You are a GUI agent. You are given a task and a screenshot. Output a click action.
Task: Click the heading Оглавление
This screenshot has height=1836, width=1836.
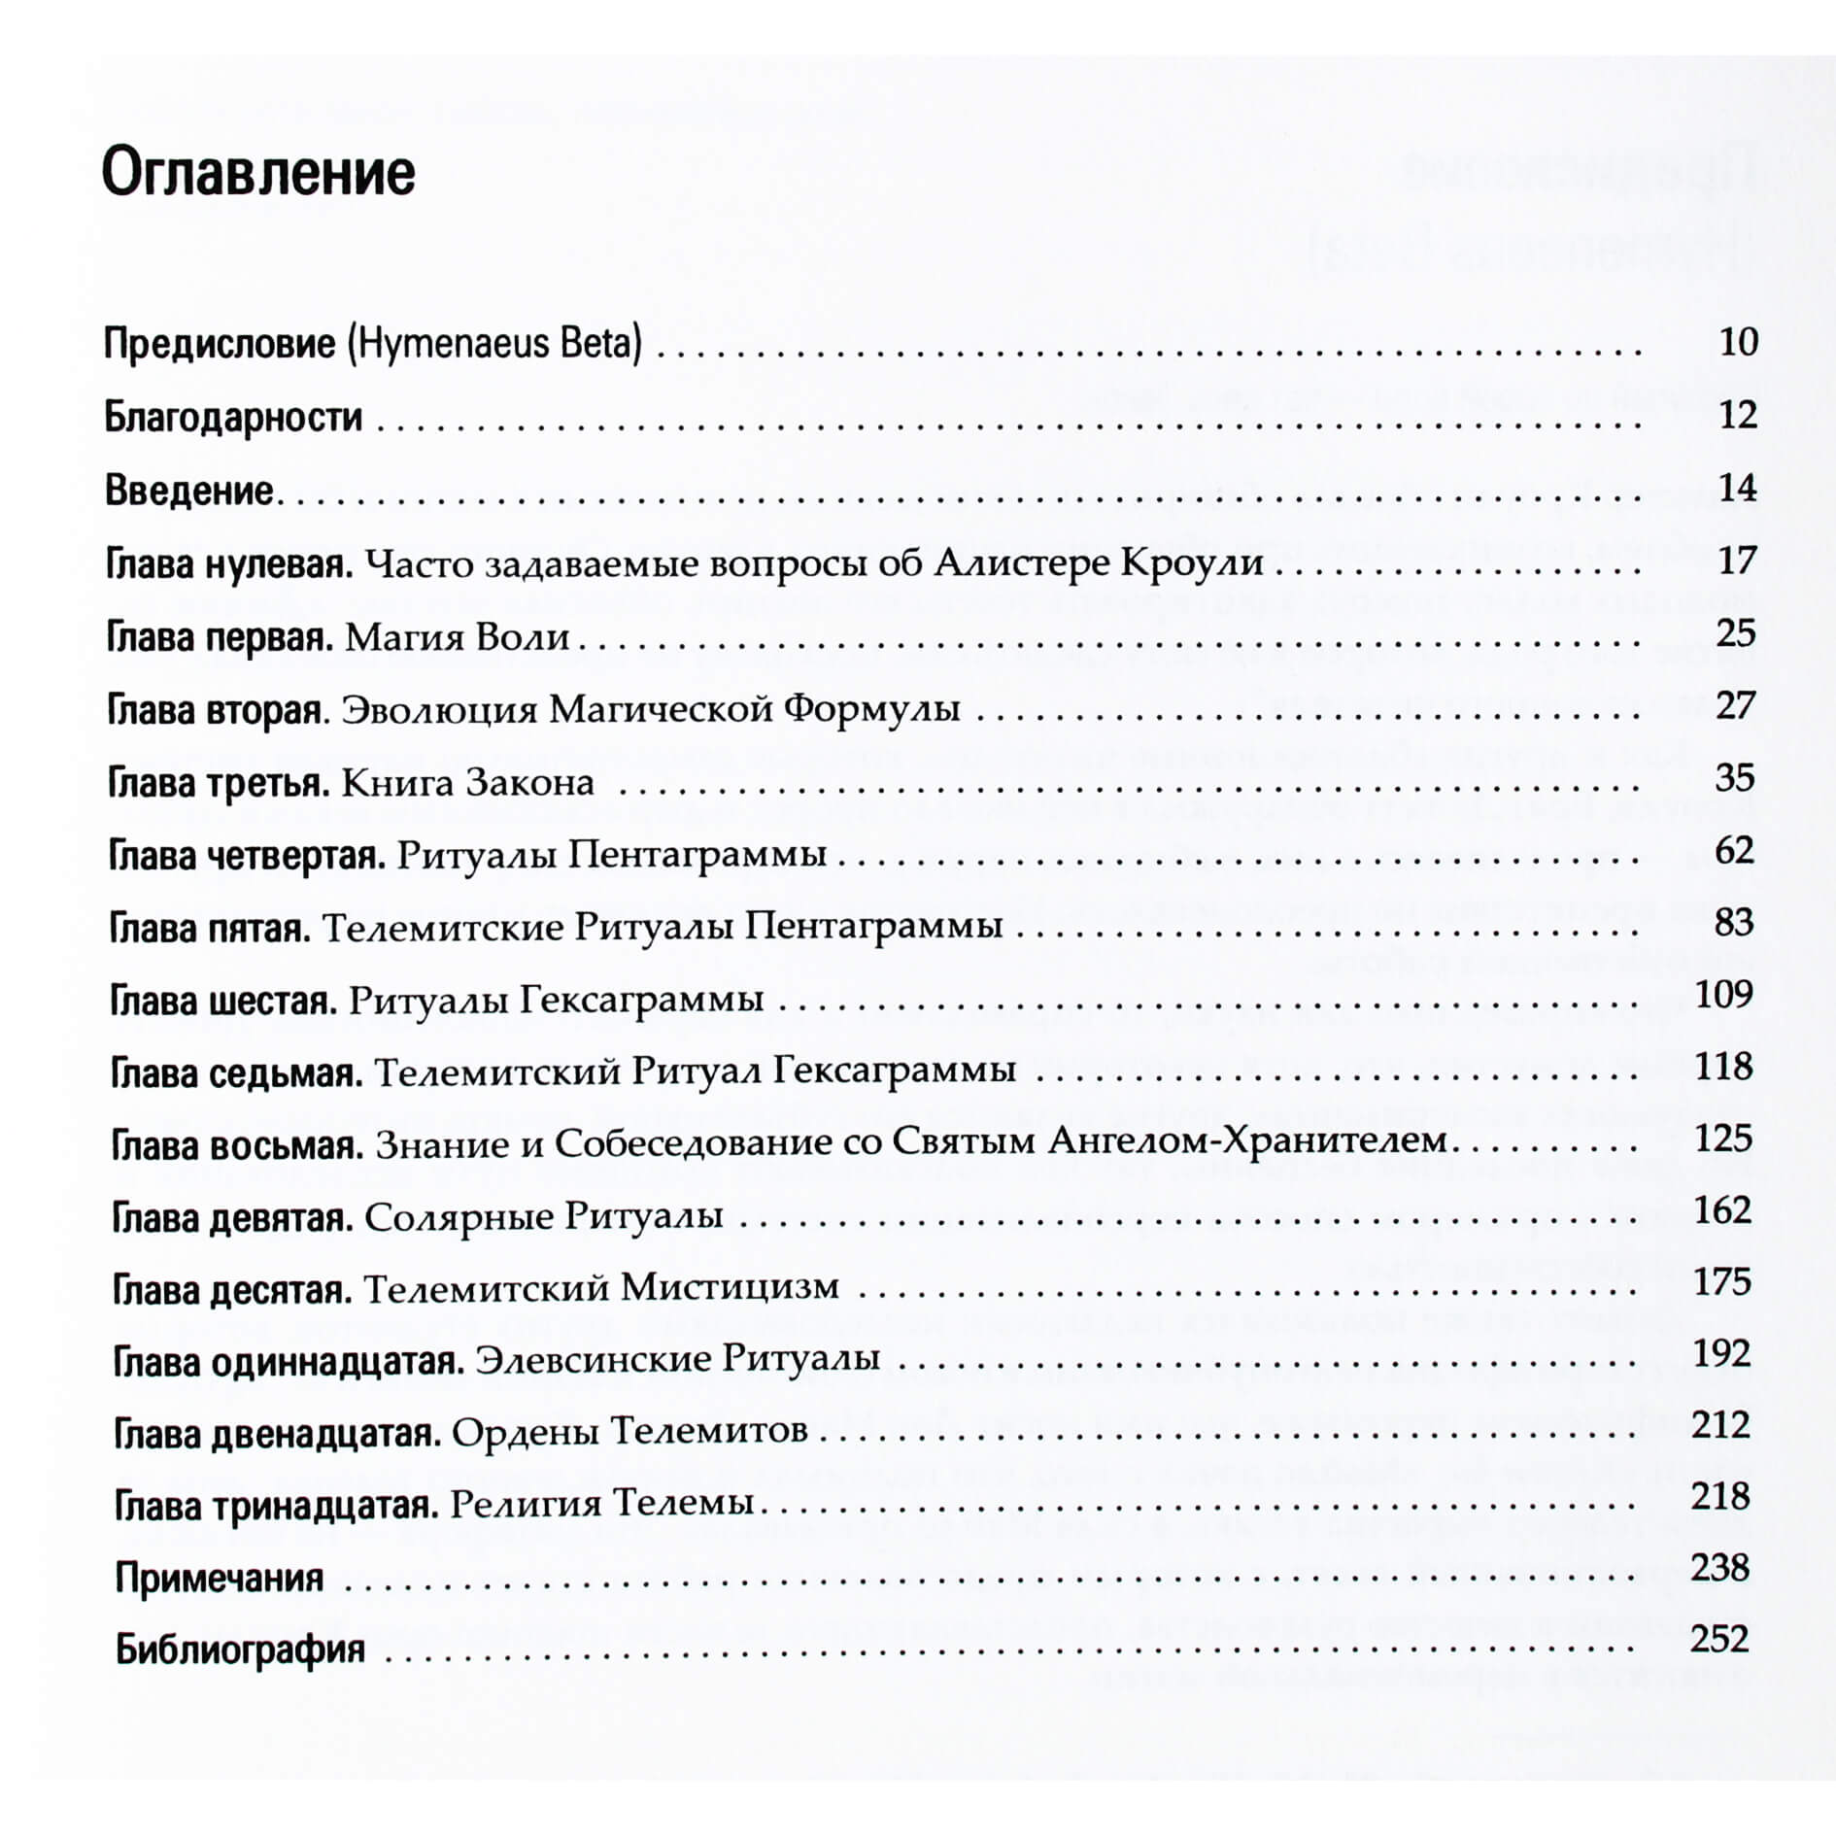pos(258,173)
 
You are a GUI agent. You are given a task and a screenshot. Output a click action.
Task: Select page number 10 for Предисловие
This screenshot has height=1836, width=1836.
pos(1738,342)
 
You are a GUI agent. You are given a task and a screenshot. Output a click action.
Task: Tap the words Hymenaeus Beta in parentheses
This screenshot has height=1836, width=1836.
pos(494,344)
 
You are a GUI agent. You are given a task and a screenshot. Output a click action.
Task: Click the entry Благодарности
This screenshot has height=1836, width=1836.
pos(233,417)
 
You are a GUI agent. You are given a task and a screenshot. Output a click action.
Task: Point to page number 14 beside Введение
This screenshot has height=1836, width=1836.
pos(1737,488)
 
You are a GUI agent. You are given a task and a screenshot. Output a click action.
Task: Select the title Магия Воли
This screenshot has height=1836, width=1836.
pos(457,637)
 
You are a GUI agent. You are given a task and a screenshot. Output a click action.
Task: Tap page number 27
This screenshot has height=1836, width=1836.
pos(1736,706)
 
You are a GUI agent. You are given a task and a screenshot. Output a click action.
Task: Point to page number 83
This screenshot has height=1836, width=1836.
pos(1734,923)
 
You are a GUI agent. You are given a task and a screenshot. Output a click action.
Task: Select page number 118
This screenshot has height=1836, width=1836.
pos(1723,1067)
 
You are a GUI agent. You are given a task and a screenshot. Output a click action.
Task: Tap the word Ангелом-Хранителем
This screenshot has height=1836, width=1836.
pos(1247,1141)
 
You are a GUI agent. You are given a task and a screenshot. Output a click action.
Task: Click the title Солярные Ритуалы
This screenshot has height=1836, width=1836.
pos(543,1216)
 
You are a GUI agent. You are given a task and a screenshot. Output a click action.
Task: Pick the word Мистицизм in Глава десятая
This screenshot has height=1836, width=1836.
pos(730,1288)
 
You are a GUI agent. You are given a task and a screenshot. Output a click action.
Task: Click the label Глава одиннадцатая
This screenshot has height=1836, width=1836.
pos(289,1361)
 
